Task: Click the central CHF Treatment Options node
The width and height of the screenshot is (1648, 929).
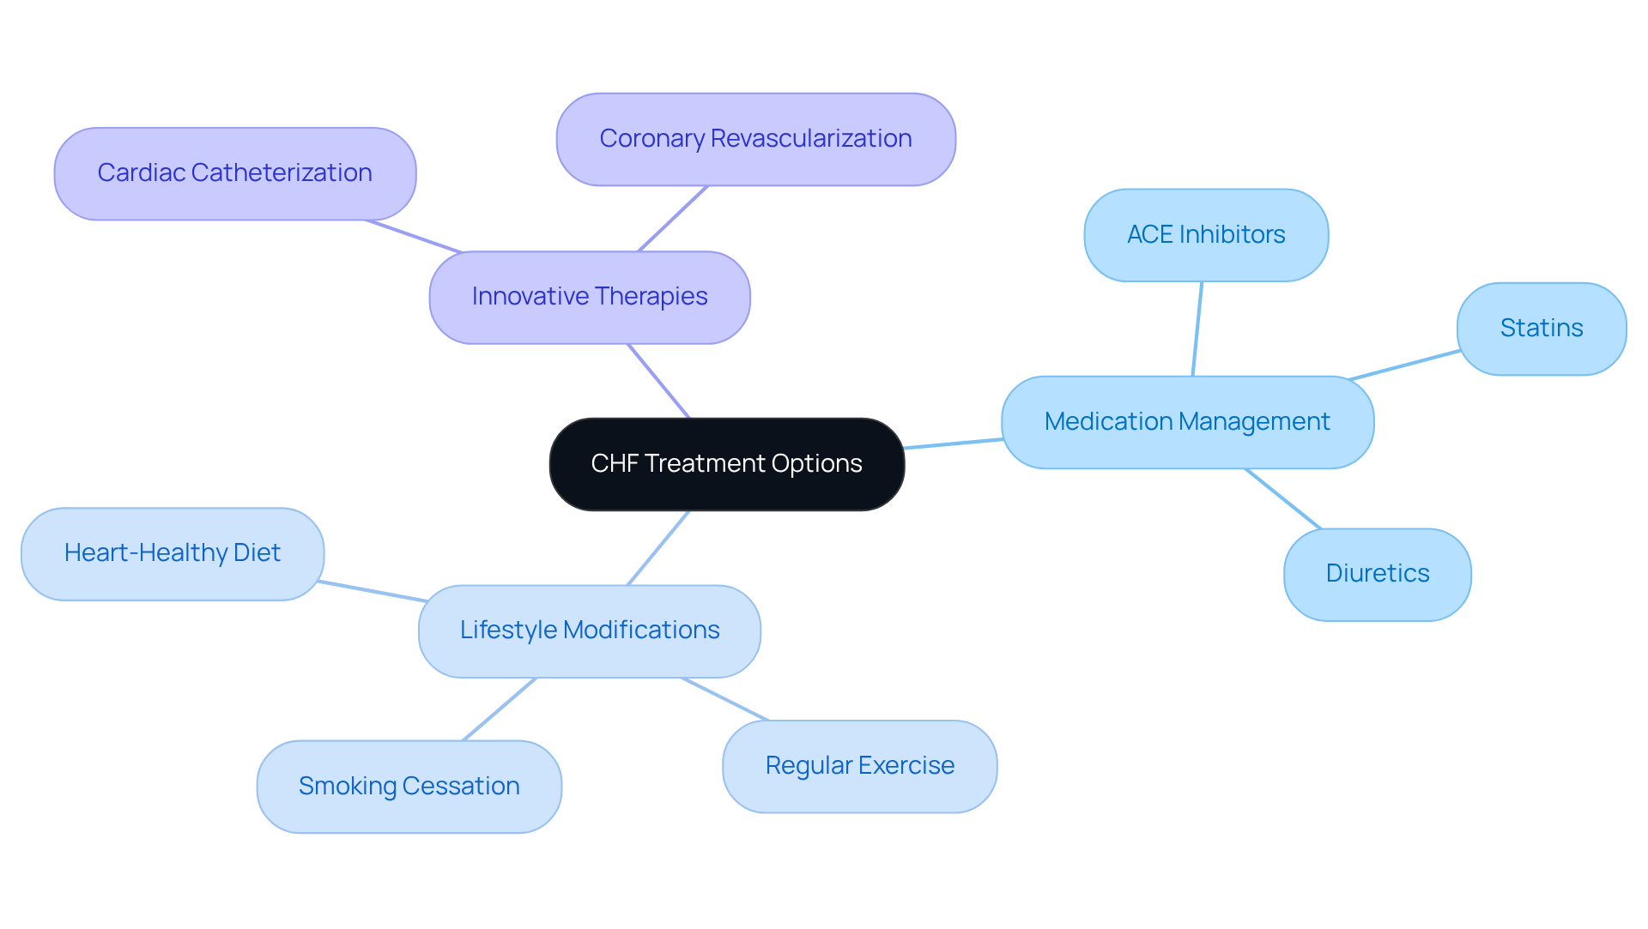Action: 726,464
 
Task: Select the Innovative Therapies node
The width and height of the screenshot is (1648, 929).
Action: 590,297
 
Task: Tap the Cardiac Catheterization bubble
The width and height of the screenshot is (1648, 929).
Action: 234,173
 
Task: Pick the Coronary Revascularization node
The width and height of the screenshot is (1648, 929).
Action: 755,139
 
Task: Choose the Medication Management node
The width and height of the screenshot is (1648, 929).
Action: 1187,422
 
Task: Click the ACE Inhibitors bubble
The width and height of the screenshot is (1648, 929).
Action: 1206,235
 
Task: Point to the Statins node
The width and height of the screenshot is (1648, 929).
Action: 1541,329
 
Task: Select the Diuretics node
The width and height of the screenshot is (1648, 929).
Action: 1377,574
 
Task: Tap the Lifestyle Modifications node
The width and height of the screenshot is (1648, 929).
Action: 590,630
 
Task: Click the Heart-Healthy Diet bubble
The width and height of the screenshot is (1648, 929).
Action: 172,553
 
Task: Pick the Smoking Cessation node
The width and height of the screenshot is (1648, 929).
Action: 409,787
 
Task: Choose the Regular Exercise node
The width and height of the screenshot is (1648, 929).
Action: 859,766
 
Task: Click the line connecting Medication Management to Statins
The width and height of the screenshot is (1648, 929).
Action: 1404,365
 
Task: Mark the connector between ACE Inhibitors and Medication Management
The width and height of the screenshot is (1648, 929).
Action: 1197,329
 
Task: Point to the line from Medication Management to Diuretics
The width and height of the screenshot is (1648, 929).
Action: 1283,498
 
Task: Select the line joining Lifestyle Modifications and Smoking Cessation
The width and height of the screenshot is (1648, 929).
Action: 500,709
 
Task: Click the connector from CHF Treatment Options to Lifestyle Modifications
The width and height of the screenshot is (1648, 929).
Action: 658,548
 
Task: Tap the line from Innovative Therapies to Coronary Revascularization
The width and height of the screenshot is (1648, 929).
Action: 673,219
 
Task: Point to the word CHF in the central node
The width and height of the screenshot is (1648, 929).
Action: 614,464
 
